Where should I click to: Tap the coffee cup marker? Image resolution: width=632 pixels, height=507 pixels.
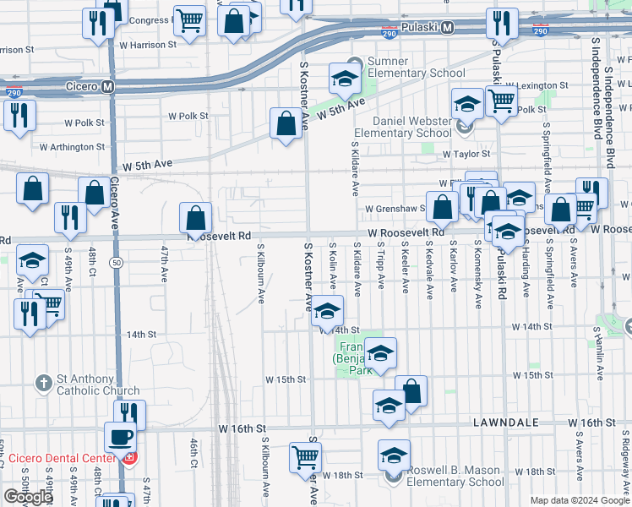[119, 438]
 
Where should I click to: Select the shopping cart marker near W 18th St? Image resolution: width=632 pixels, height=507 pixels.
[305, 457]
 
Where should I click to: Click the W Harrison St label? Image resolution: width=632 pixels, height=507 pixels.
[147, 44]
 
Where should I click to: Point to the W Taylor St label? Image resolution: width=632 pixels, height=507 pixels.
[467, 154]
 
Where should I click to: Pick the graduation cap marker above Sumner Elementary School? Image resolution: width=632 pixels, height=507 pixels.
[345, 79]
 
